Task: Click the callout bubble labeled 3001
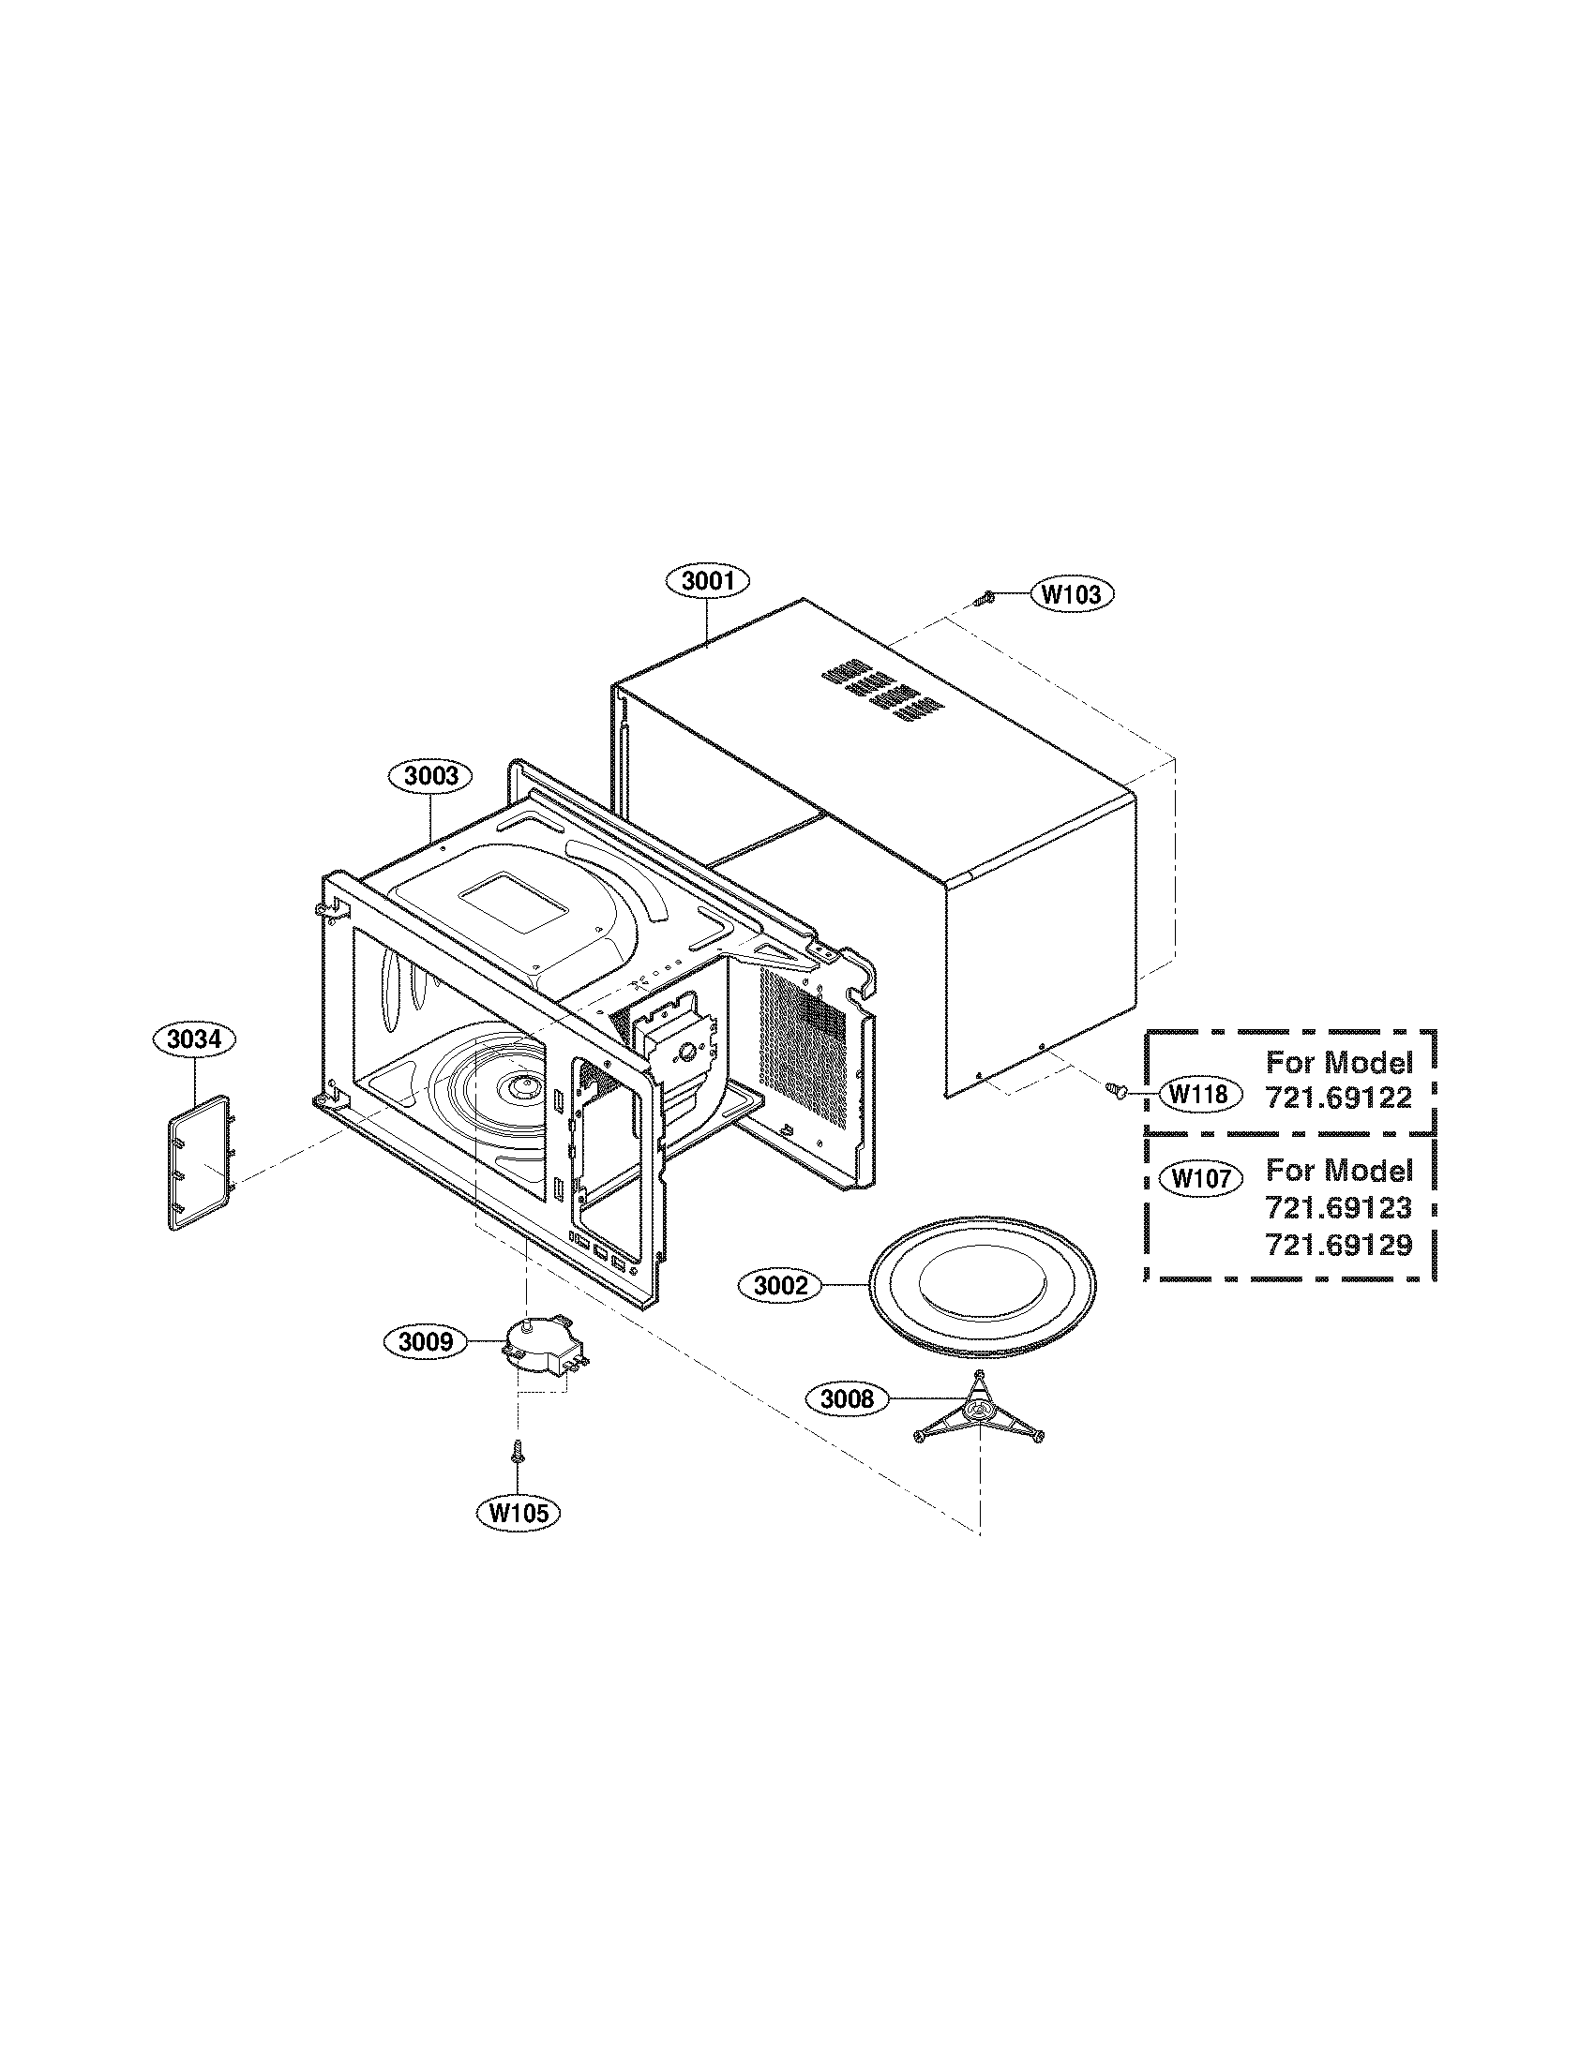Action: click(707, 582)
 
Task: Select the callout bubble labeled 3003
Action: click(430, 776)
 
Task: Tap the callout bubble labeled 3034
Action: click(193, 1040)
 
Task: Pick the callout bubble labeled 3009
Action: click(426, 1341)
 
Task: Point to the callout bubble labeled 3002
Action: click(781, 1285)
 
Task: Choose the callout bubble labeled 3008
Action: click(847, 1398)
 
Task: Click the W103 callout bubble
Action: click(1070, 594)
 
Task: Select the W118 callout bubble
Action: click(1198, 1094)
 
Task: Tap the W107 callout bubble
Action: click(1200, 1178)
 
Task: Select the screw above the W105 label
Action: click(517, 1453)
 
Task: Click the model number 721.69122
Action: click(1338, 1098)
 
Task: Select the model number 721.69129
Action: click(1338, 1245)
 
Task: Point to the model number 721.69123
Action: click(1338, 1207)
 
